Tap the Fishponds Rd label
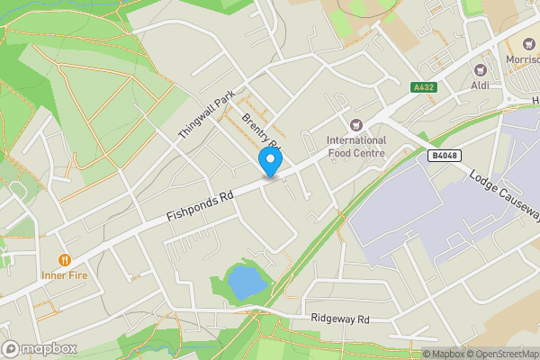point(200,206)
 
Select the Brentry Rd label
point(261,134)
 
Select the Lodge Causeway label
point(505,193)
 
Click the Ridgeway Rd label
point(339,319)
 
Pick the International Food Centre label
point(356,147)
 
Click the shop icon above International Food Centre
point(356,124)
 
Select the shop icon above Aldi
point(480,68)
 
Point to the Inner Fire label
point(65,275)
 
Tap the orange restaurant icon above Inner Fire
point(65,259)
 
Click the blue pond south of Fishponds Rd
point(245,283)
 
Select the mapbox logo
point(40,348)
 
